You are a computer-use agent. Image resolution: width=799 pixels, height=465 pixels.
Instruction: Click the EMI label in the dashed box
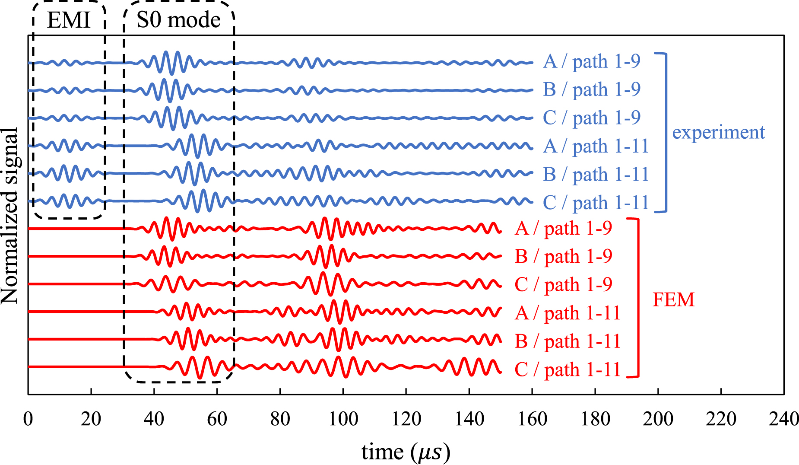[x=69, y=20]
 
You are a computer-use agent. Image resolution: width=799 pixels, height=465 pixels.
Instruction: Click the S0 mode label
[x=178, y=20]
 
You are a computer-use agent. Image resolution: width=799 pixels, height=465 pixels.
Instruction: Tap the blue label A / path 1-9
[x=591, y=61]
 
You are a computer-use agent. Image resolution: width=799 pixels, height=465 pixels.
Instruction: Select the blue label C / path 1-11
[x=596, y=202]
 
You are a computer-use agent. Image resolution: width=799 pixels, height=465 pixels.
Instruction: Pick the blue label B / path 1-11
[x=596, y=174]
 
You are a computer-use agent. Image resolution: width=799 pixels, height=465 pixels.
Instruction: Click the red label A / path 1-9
[x=563, y=228]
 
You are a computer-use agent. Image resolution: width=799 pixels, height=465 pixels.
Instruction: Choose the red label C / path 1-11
[x=568, y=369]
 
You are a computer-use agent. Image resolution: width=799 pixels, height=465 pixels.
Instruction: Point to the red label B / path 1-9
[x=563, y=256]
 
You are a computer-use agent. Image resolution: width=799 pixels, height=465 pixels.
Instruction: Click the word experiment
[x=718, y=132]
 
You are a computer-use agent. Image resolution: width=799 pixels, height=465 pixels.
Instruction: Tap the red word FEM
[x=673, y=299]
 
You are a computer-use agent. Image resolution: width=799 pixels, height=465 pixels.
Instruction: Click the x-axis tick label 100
[x=343, y=419]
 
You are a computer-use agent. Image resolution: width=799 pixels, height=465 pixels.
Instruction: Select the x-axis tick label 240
[x=783, y=419]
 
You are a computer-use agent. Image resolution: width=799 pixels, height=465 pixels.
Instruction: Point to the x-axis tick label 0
[x=28, y=419]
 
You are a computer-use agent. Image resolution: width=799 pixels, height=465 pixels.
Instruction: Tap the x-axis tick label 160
[x=532, y=419]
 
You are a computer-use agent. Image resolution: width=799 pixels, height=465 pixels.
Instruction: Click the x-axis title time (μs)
[x=406, y=452]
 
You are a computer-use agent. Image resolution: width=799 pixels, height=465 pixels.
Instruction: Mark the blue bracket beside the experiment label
[x=666, y=132]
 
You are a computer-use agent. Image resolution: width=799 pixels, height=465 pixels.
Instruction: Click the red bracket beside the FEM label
[x=637, y=298]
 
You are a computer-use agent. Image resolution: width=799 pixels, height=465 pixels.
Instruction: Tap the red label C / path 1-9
[x=563, y=284]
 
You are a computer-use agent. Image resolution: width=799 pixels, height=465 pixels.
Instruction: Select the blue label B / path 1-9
[x=591, y=89]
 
